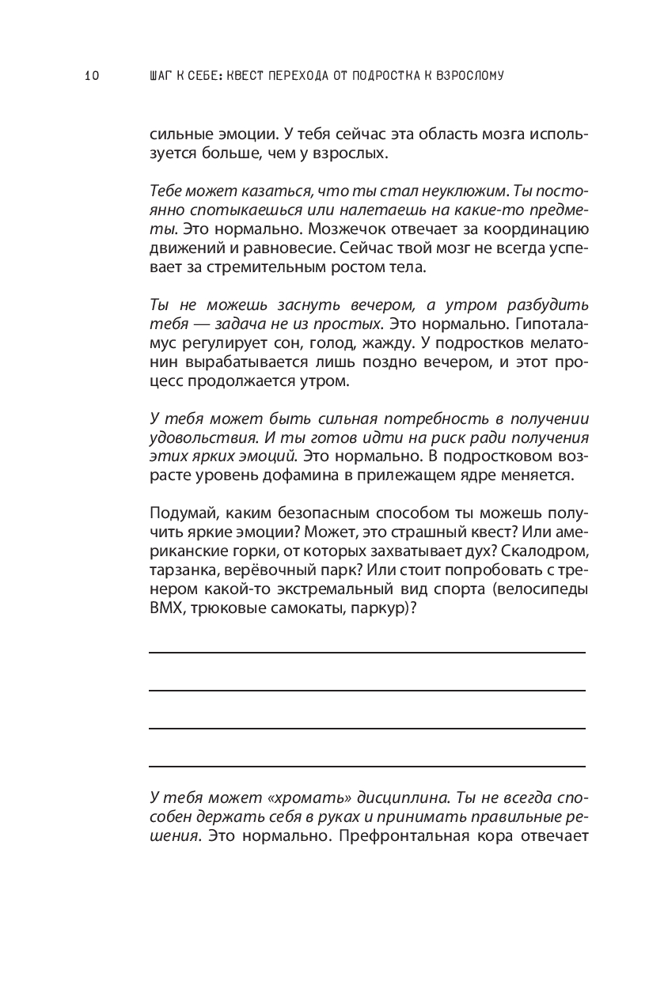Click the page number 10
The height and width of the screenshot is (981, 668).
(90, 76)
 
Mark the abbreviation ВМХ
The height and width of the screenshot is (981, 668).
(166, 607)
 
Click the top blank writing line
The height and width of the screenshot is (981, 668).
(367, 652)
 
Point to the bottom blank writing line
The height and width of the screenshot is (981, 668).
(367, 766)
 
